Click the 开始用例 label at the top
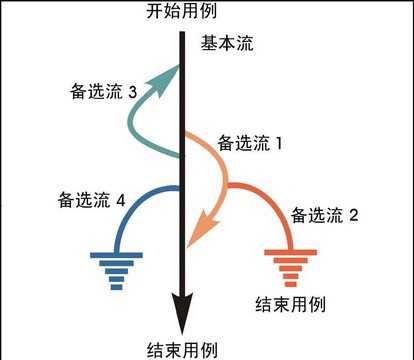pos(181,12)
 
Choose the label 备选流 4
pos(91,201)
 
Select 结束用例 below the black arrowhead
pos(182,349)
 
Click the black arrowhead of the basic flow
pos(182,315)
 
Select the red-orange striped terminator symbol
pos(290,266)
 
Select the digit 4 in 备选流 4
pos(121,201)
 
